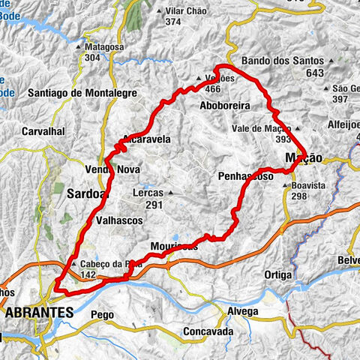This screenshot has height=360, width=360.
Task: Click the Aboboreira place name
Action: point(225,106)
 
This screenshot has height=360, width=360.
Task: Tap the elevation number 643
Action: point(314,73)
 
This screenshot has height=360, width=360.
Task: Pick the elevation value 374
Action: point(173,22)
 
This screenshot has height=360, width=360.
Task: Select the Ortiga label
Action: point(277,275)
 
